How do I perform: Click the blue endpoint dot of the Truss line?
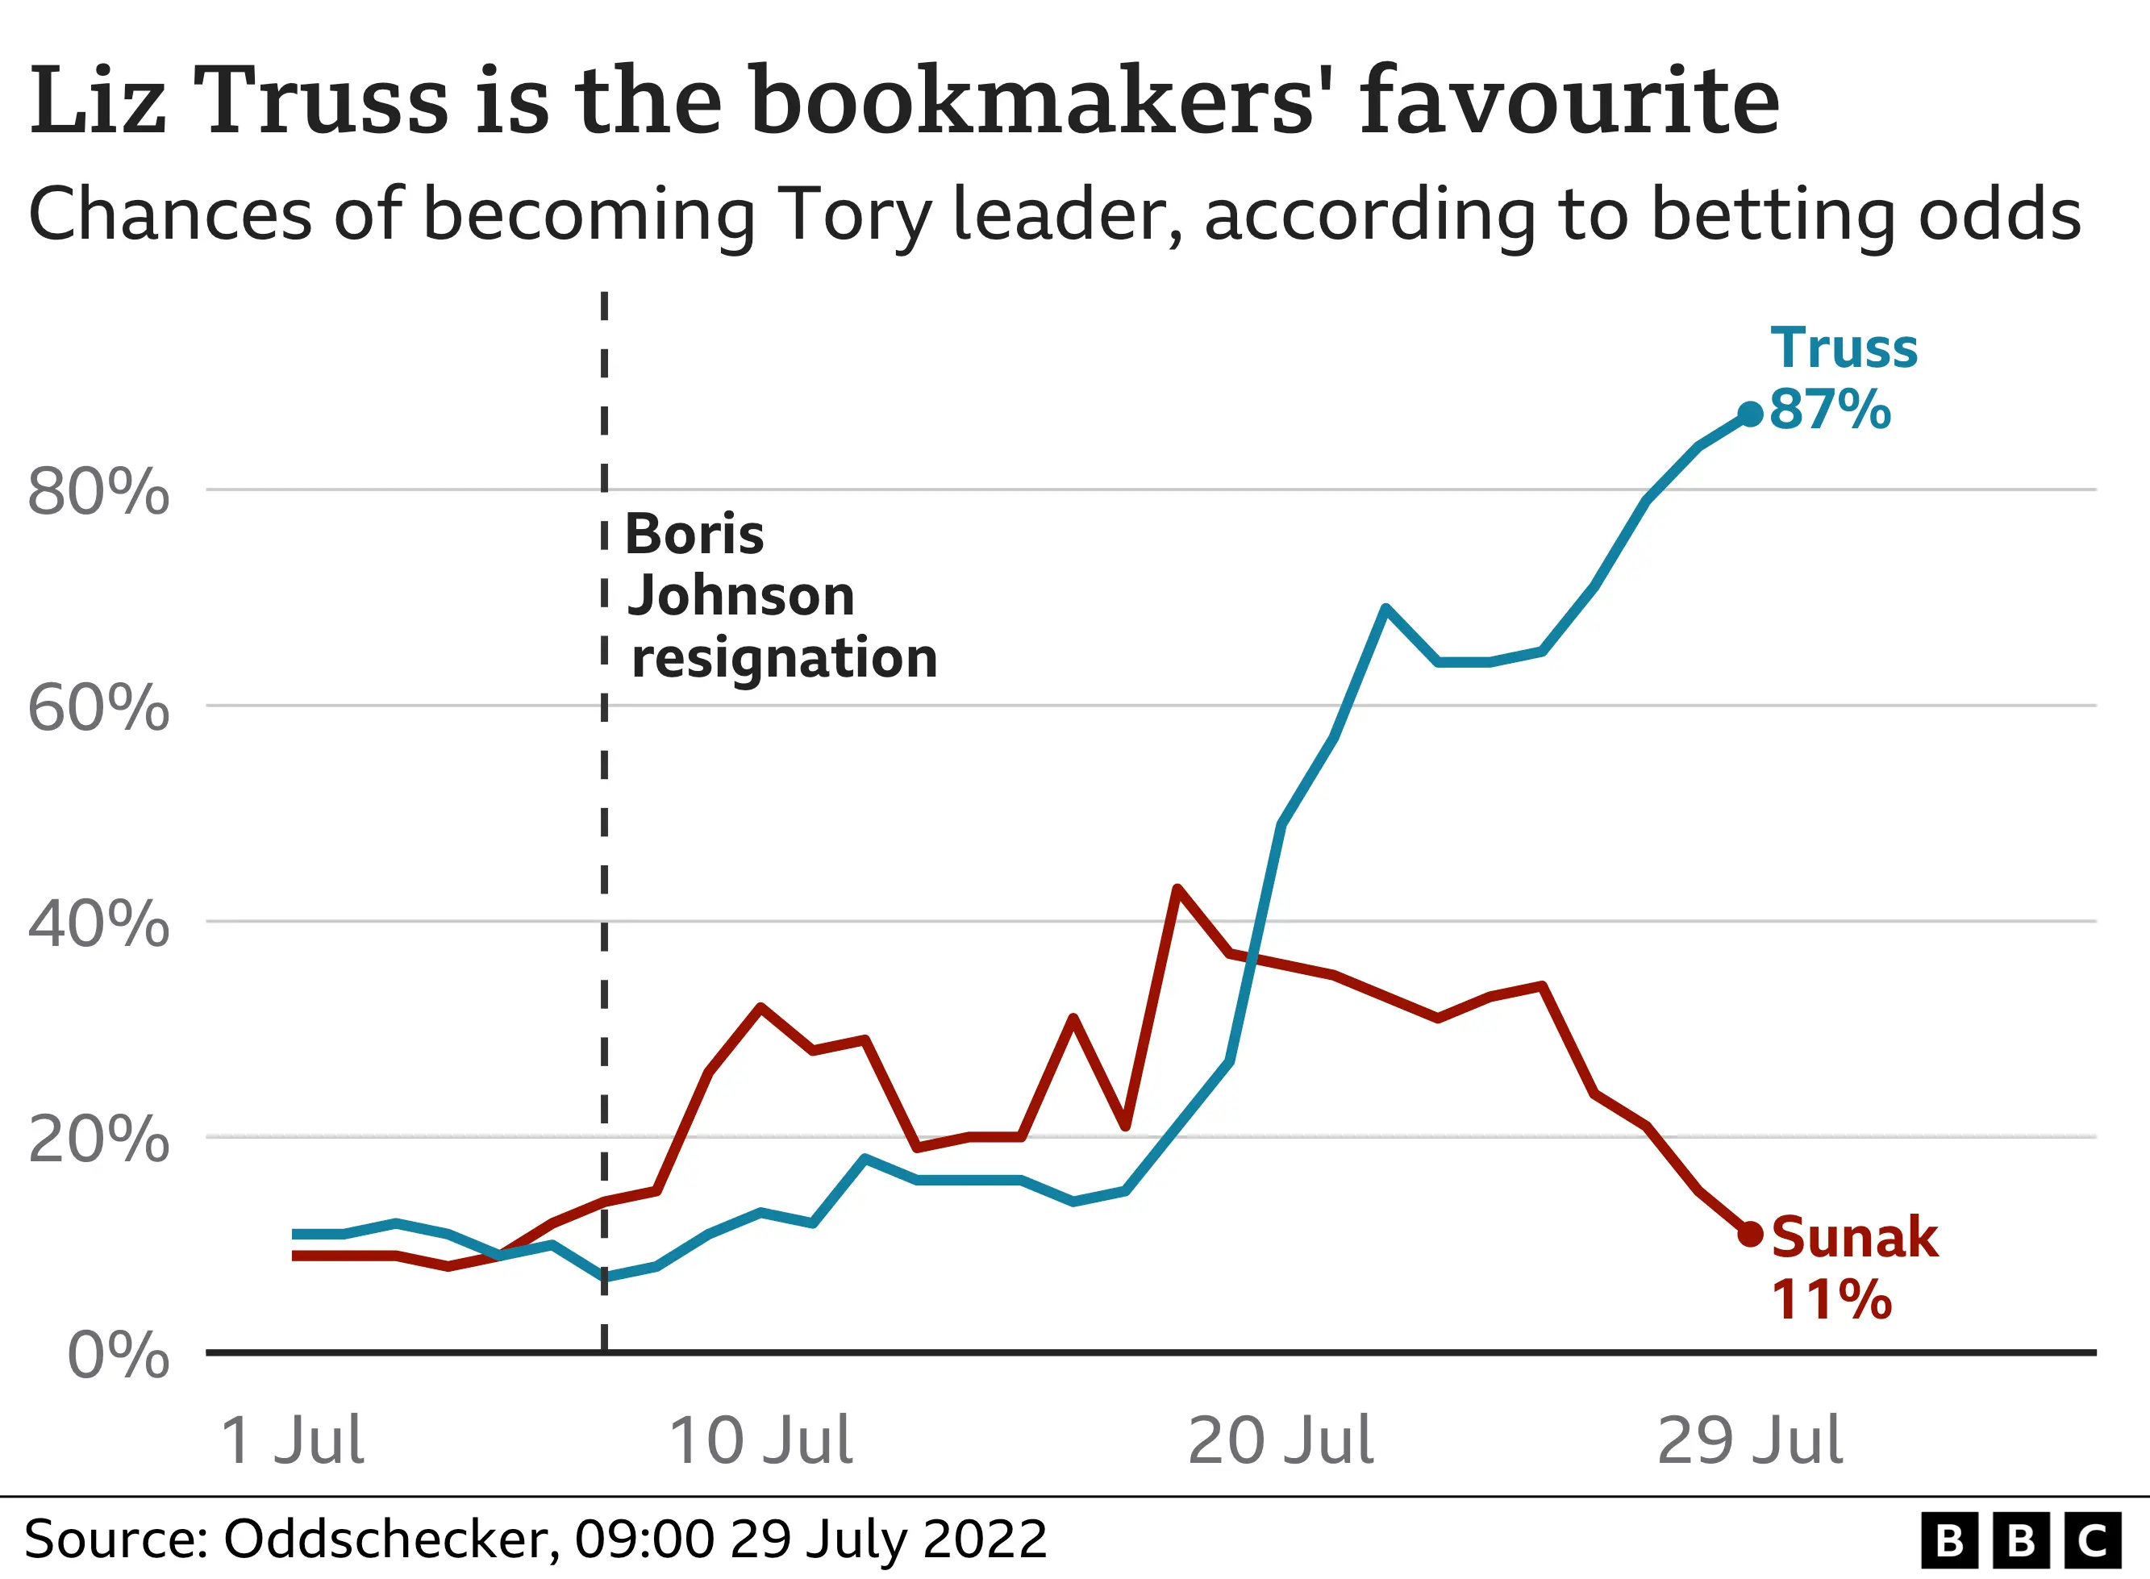click(1750, 414)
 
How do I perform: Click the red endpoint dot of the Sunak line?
click(1750, 1234)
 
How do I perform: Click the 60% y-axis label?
click(98, 708)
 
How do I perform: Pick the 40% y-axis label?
click(98, 924)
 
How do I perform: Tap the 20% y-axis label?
click(98, 1139)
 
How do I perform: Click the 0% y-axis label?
click(118, 1356)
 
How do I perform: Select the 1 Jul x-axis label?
click(291, 1441)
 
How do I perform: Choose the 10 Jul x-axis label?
click(760, 1441)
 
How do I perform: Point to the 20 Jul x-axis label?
click(1280, 1441)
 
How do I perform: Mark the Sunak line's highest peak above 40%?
click(1177, 889)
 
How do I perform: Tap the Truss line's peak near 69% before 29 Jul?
click(1385, 608)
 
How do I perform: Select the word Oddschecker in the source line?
click(386, 1539)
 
